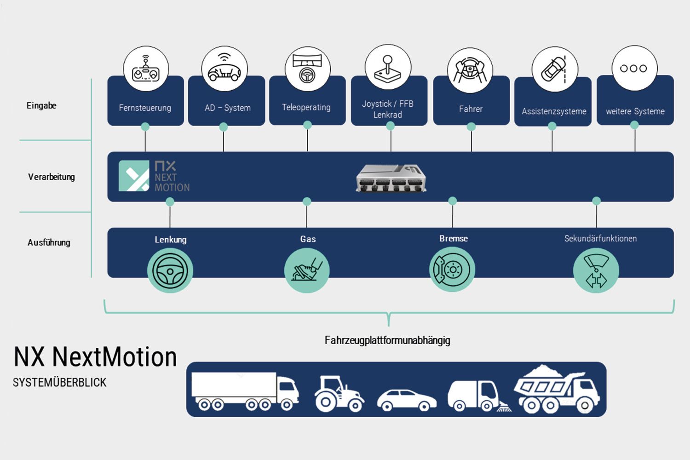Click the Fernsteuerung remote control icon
coord(146,69)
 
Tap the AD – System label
coord(227,108)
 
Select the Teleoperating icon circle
coord(307,69)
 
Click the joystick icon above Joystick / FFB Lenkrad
coord(388,68)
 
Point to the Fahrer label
coord(471,109)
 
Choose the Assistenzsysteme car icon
coord(554,69)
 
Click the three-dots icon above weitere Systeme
coord(634,68)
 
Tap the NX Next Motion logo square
coord(134,176)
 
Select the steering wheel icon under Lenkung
coord(170,270)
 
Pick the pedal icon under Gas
coord(307,270)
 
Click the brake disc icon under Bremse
coord(452,270)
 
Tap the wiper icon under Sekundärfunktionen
coord(596,270)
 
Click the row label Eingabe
coord(41,106)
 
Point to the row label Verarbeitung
coord(51,177)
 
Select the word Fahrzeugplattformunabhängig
coord(387,340)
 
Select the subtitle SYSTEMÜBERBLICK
coord(60,382)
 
